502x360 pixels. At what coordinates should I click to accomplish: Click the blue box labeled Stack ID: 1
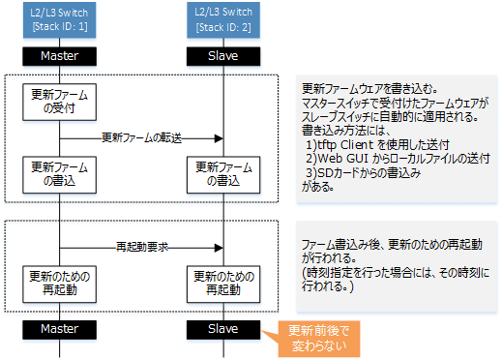coord(59,20)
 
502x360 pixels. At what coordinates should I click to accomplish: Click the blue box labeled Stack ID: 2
coord(223,20)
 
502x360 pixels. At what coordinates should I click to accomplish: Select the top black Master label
coord(59,56)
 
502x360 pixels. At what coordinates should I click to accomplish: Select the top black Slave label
coord(223,56)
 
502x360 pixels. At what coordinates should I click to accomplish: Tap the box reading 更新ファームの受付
coord(59,102)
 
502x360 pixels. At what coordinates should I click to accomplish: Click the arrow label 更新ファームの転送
coord(141,138)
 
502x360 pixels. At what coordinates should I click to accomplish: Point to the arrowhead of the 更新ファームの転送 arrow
coord(220,138)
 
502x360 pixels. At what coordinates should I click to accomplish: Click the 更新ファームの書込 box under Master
coord(59,175)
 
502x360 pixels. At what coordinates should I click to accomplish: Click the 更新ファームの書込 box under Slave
coord(223,175)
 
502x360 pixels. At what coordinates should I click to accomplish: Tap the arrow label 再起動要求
coord(142,247)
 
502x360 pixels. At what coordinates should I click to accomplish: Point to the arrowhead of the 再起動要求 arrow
coord(220,248)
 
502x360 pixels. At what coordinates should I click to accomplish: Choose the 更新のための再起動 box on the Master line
coord(59,284)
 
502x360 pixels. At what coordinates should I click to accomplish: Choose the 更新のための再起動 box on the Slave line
coord(223,284)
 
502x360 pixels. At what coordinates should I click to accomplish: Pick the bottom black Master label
coord(59,329)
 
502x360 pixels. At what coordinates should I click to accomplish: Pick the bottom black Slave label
coord(223,329)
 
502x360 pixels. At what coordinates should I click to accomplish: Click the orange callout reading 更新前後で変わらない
coord(318,339)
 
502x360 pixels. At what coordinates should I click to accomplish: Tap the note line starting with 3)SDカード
coord(364,173)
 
